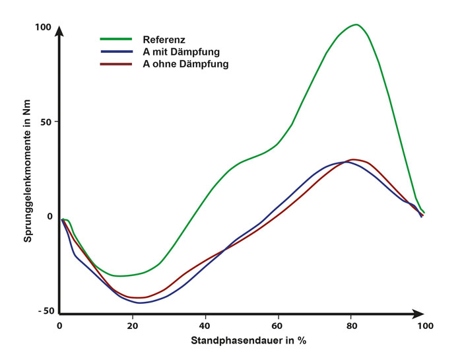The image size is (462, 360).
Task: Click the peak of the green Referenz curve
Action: click(356, 24)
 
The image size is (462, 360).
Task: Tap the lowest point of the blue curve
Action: click(141, 303)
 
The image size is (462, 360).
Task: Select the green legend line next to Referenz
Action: click(115, 40)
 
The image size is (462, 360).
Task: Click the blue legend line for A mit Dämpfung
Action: click(115, 52)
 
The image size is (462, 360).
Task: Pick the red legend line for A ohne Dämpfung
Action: click(115, 63)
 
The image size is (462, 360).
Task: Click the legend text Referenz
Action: click(164, 40)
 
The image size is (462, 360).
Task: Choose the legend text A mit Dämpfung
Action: click(181, 52)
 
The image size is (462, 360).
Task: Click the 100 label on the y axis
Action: click(44, 27)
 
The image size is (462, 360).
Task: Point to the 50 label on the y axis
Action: click(46, 122)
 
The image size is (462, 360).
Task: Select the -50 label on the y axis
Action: click(44, 310)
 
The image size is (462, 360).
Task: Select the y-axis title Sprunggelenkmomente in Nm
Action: click(28, 165)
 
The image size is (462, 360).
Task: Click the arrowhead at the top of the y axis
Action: click(59, 31)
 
